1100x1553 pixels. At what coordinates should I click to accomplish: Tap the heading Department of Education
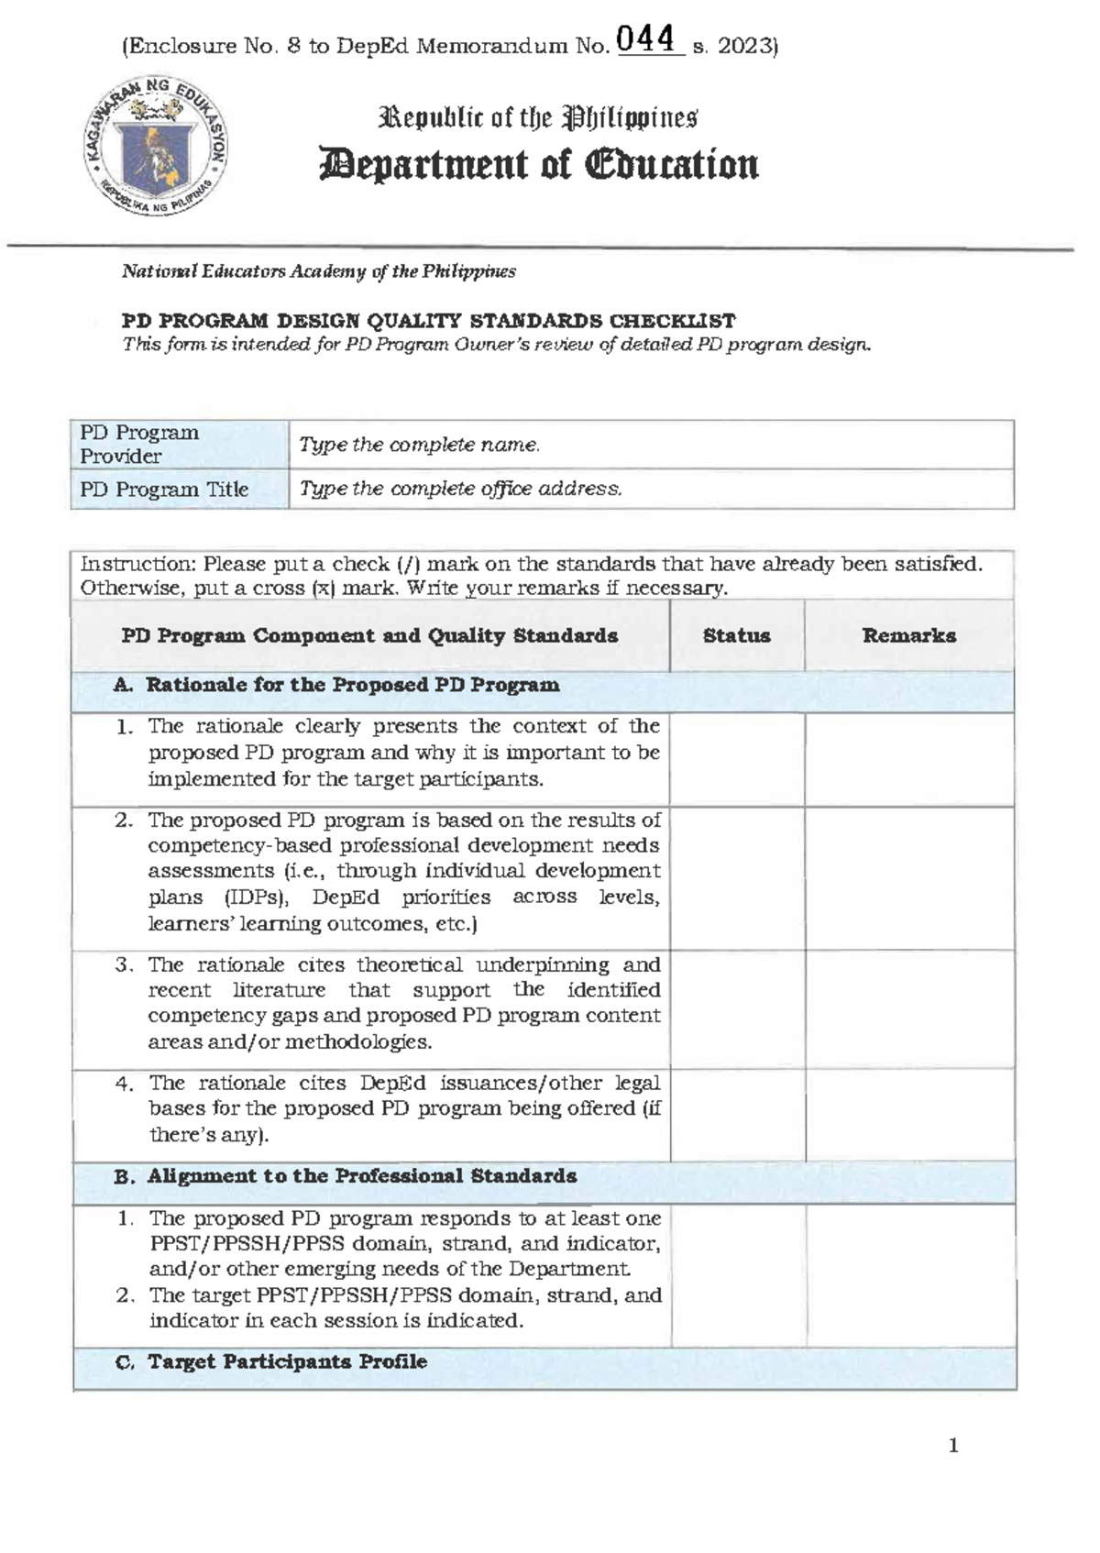coord(538,165)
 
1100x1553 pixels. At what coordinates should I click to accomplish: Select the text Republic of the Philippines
coord(539,118)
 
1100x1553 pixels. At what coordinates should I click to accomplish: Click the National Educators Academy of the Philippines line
coord(319,271)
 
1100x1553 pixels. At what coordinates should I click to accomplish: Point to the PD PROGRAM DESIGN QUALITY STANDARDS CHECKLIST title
coord(428,321)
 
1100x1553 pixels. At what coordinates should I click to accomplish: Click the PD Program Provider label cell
coord(179,445)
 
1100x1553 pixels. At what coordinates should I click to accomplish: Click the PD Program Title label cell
coord(179,490)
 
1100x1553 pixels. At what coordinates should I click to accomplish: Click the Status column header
coord(736,635)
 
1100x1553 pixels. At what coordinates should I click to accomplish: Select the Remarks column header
coord(908,635)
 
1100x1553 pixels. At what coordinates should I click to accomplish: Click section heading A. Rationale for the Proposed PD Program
coord(352,686)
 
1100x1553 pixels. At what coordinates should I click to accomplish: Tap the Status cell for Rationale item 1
coord(737,759)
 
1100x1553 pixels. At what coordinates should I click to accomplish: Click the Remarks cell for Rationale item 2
coord(908,877)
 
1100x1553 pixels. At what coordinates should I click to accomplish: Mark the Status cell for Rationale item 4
coord(737,1115)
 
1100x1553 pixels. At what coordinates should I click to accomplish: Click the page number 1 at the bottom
coord(953,1446)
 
